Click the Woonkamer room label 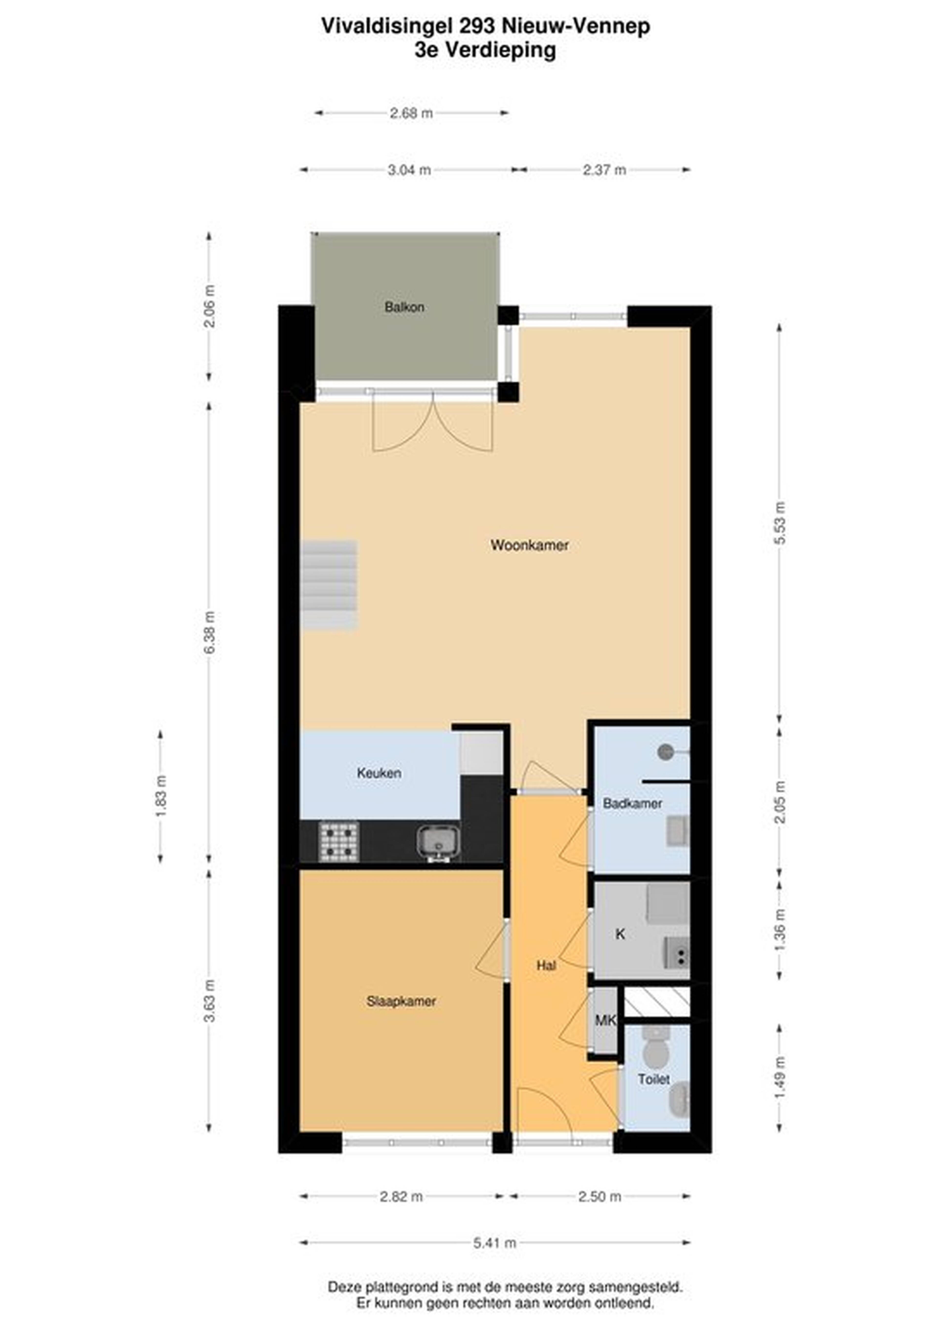point(529,545)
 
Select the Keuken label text point(379,773)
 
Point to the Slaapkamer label point(401,1001)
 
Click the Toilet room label point(654,1079)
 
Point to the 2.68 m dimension point(411,113)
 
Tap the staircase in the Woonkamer point(329,585)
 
